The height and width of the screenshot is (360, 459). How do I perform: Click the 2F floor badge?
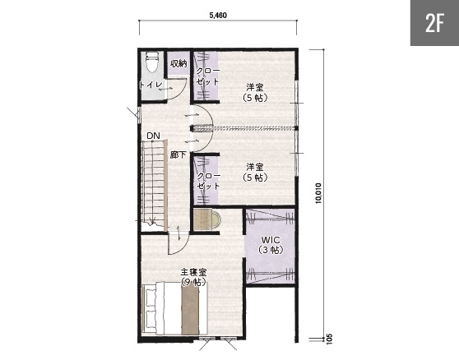(434, 23)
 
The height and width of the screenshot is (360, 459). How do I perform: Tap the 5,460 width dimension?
(218, 16)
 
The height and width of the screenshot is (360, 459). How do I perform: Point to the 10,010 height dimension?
(318, 193)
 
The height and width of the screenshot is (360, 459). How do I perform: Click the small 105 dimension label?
(329, 339)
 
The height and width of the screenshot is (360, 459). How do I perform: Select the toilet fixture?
(152, 62)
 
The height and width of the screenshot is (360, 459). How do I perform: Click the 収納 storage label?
(178, 62)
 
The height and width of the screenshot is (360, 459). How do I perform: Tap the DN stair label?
(153, 136)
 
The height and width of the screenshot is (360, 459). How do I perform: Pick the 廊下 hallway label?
(178, 155)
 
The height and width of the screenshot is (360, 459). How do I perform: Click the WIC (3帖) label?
(271, 245)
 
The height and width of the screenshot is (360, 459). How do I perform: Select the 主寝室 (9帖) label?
(193, 277)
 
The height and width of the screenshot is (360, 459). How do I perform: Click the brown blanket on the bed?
(190, 309)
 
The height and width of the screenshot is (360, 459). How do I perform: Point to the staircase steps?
(153, 182)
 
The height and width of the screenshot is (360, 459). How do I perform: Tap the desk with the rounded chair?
(207, 219)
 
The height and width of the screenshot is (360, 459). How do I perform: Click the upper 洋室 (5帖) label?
(255, 92)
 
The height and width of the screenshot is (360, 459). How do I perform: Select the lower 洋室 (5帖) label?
(255, 173)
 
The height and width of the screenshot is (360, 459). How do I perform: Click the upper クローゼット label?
(207, 76)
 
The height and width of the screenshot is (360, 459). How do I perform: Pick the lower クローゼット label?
(208, 181)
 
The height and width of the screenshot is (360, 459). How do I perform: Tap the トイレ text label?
(151, 85)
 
